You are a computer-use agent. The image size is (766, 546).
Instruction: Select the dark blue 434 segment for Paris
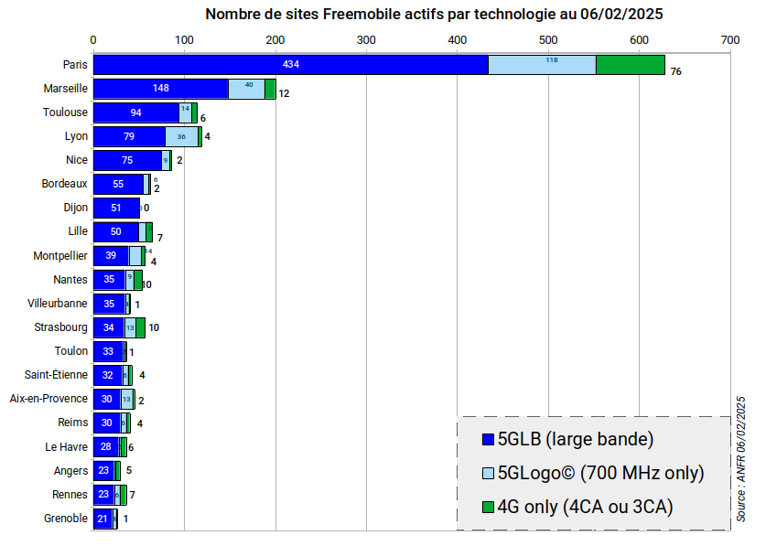click(x=290, y=65)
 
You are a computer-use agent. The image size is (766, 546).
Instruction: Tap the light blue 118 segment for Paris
click(x=542, y=65)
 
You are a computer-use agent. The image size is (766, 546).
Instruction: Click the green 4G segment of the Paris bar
click(x=630, y=65)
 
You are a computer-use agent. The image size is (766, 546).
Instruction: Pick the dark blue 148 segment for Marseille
click(x=161, y=89)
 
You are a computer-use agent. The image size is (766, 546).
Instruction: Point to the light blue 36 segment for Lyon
click(x=181, y=136)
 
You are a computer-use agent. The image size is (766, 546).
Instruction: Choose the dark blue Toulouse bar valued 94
click(x=136, y=112)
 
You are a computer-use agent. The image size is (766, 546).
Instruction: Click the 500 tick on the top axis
click(x=548, y=40)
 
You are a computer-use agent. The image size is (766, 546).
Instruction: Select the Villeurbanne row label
click(x=59, y=303)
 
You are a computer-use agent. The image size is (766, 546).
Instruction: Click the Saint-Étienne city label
click(x=57, y=374)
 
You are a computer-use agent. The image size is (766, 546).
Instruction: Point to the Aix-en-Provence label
click(x=49, y=399)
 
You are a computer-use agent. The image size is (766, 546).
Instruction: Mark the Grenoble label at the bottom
click(x=66, y=519)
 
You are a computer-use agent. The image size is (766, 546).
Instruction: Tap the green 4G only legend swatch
click(x=488, y=507)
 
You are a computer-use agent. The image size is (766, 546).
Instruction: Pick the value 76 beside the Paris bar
click(x=675, y=71)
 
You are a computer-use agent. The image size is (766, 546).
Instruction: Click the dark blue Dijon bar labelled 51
click(x=116, y=208)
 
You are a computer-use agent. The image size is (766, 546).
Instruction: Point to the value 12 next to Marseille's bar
click(x=284, y=93)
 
